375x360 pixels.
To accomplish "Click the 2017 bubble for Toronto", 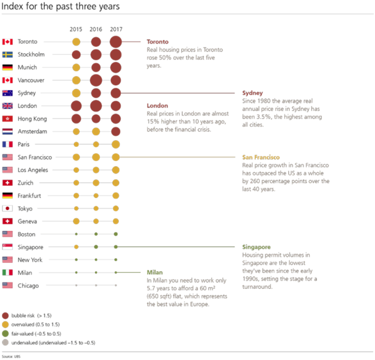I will pyautogui.click(x=115, y=41).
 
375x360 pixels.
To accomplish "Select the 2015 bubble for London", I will pyautogui.click(x=76, y=106).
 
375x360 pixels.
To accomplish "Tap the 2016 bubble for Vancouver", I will pyautogui.click(x=96, y=80).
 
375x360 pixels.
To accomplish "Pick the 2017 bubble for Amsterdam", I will pyautogui.click(x=115, y=132).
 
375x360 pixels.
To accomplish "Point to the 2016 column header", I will pyautogui.click(x=96, y=29).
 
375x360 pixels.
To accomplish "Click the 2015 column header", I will pyautogui.click(x=76, y=29).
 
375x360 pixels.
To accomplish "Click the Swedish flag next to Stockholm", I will pyautogui.click(x=7, y=54).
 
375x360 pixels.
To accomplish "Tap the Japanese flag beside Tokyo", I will pyautogui.click(x=7, y=209).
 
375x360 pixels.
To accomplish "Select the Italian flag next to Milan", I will pyautogui.click(x=7, y=272).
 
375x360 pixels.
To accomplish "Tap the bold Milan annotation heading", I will pyautogui.click(x=154, y=272).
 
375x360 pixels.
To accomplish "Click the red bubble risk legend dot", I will pyautogui.click(x=5, y=314).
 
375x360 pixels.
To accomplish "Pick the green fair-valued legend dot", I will pyautogui.click(x=5, y=333).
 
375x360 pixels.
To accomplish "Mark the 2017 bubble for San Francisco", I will pyautogui.click(x=115, y=157).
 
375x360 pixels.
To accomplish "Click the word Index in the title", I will pyautogui.click(x=13, y=7).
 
